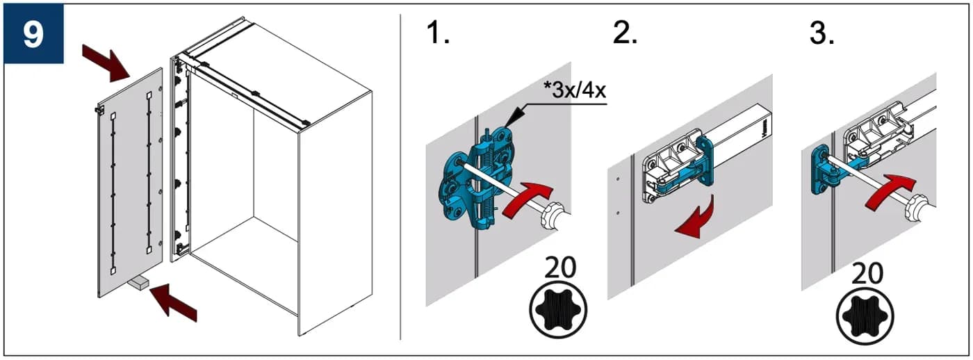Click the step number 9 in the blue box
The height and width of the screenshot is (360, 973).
pyautogui.click(x=33, y=34)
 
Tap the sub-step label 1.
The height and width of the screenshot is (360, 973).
pyautogui.click(x=438, y=32)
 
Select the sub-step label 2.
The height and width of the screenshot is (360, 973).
pyautogui.click(x=625, y=32)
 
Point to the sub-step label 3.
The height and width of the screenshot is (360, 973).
pyautogui.click(x=821, y=33)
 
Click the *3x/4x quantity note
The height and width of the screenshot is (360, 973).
pyautogui.click(x=574, y=90)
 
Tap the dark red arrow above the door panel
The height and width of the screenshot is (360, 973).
pyautogui.click(x=107, y=64)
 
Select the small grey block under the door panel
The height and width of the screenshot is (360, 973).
pyautogui.click(x=138, y=282)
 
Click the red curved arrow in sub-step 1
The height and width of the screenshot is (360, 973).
pyautogui.click(x=528, y=198)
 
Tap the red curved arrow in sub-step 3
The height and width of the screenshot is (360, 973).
pyautogui.click(x=890, y=192)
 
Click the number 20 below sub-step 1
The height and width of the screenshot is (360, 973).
pyautogui.click(x=560, y=267)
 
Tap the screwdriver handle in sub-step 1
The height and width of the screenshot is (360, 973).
pyautogui.click(x=555, y=217)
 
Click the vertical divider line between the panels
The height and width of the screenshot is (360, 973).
pyautogui.click(x=400, y=177)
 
